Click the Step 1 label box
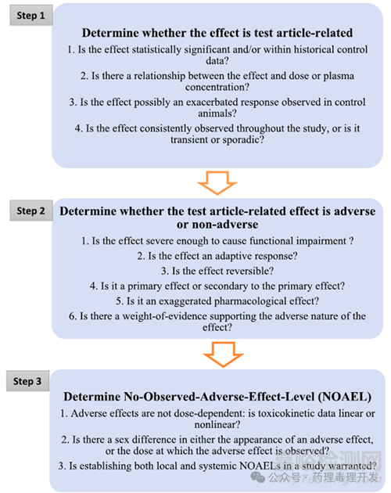point(31,15)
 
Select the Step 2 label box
point(31,211)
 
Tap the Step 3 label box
point(27,381)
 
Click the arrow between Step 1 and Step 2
point(217,182)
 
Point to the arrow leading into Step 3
point(223,354)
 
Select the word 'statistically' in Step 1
point(156,49)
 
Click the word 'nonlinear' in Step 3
point(217,425)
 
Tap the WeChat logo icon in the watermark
point(258,477)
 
